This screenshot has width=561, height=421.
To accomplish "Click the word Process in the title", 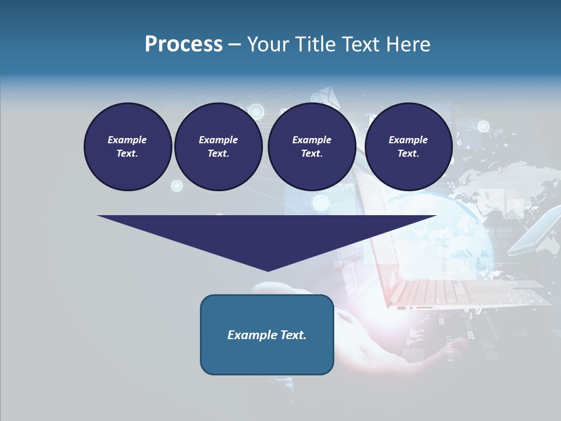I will tap(183, 44).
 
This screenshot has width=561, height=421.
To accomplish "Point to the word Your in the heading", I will tap(268, 44).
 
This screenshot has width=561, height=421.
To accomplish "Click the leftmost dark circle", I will tap(127, 147).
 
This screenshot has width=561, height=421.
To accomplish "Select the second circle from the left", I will tap(218, 147).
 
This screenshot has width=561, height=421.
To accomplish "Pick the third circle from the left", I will tap(311, 147).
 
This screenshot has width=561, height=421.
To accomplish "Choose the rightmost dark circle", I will tap(408, 147).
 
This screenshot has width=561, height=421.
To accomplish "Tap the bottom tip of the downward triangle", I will tap(268, 270).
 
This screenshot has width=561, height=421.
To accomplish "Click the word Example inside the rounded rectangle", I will tap(250, 335).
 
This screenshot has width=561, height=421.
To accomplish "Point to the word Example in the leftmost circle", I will tap(127, 140).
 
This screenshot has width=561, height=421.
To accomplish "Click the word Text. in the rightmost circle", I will tap(408, 153).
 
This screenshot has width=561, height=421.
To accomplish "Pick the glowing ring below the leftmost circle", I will tap(176, 186).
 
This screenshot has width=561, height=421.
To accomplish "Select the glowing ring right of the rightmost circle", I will tap(483, 126).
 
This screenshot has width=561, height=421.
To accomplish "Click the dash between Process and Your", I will tap(234, 44).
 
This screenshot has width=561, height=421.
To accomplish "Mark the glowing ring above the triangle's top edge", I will tap(320, 202).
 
